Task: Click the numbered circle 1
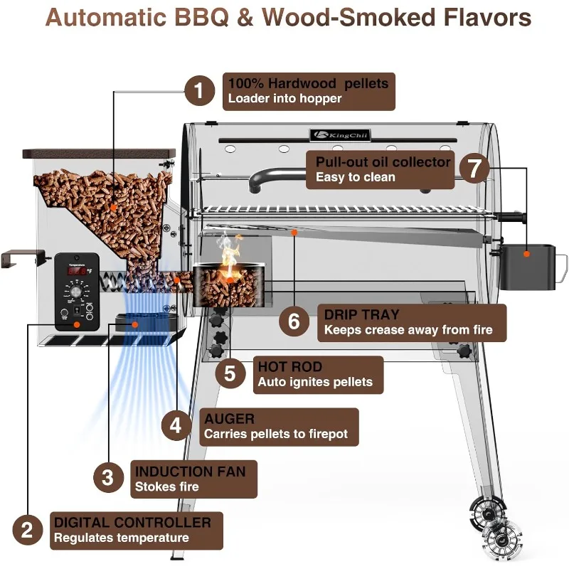200,91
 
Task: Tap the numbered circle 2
27,530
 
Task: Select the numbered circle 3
107,477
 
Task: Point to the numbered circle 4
177,425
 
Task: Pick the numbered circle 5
230,373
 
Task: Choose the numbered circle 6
294,321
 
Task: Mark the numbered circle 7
474,169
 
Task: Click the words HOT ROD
289,367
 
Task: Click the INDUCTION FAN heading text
190,472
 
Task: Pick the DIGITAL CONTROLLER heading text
132,523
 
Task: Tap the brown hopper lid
99,153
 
